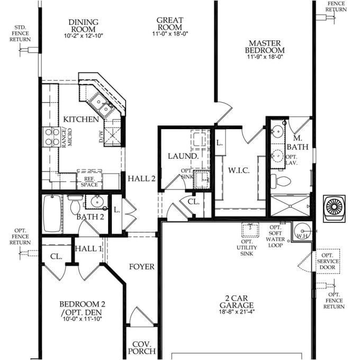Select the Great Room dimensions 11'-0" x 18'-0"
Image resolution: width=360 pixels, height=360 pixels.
click(x=169, y=34)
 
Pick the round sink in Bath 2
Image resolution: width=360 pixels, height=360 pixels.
click(x=96, y=202)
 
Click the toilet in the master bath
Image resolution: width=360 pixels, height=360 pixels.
click(x=282, y=182)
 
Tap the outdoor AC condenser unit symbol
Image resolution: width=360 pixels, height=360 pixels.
click(x=335, y=206)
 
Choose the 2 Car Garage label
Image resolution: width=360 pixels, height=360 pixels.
click(x=237, y=305)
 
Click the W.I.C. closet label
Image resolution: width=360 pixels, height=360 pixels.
click(x=239, y=171)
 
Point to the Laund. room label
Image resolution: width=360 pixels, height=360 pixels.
click(x=183, y=156)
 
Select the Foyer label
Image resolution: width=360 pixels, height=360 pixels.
click(x=142, y=266)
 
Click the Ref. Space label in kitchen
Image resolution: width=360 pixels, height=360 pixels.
click(x=89, y=182)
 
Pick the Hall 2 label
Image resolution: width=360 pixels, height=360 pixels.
click(x=141, y=178)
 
